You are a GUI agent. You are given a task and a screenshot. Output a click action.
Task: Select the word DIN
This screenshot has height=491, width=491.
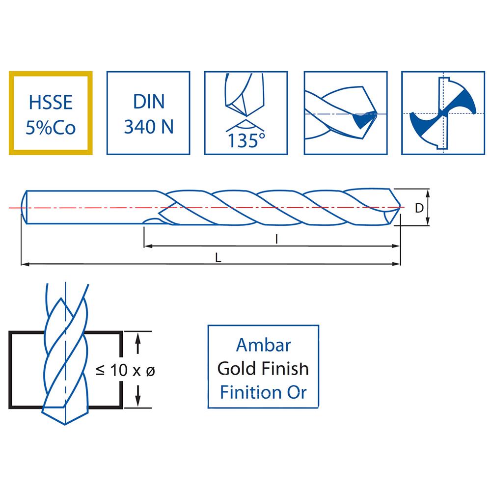pyautogui.click(x=148, y=103)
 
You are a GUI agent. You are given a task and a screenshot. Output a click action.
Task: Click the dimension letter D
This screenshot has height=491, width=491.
pyautogui.click(x=419, y=208)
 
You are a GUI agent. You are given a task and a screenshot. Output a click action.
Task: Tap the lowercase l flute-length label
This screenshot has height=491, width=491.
pyautogui.click(x=277, y=239)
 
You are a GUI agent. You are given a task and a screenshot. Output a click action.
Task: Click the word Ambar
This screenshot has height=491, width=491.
pyautogui.click(x=263, y=345)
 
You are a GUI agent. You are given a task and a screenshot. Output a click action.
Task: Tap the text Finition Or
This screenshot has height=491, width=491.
pyautogui.click(x=263, y=392)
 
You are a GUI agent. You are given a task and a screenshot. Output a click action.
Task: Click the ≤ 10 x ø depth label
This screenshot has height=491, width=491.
pyautogui.click(x=126, y=371)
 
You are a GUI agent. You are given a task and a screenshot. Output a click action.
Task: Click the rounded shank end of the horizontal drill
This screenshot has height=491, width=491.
pyautogui.click(x=25, y=208)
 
